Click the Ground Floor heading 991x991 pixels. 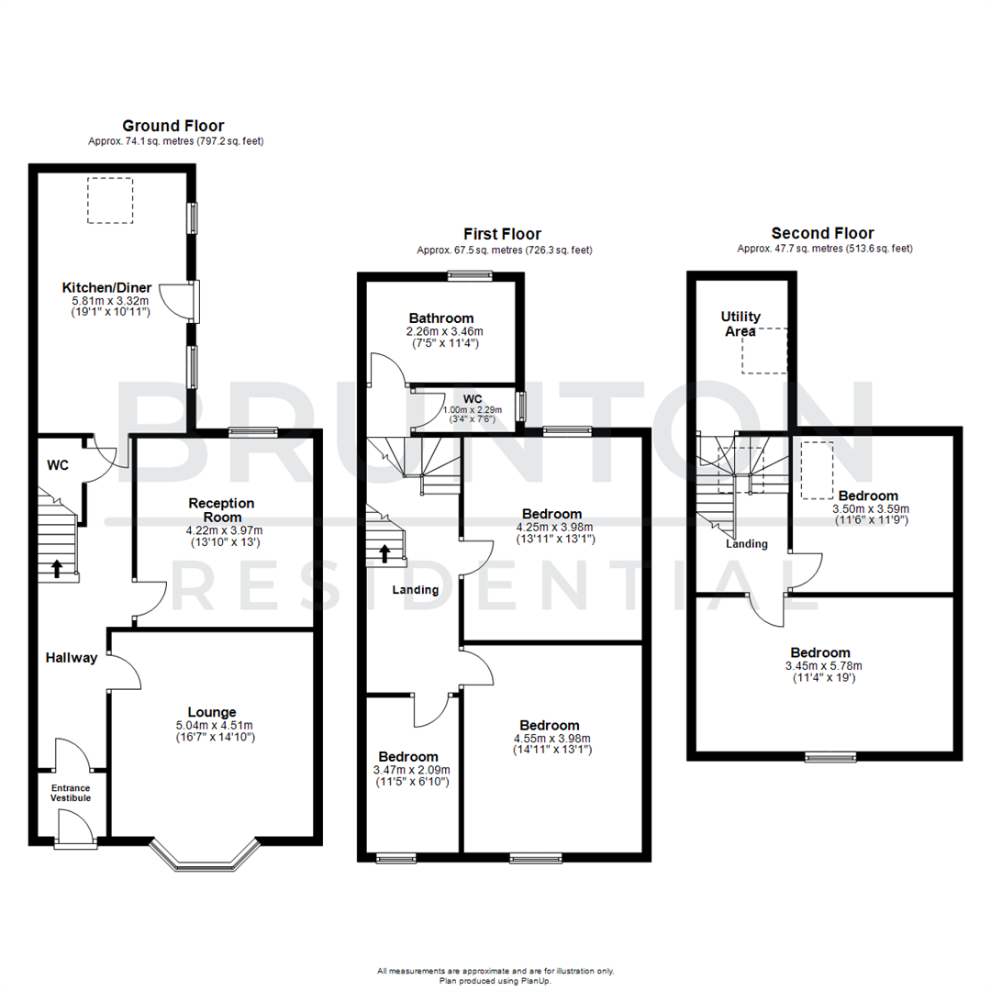[173, 126]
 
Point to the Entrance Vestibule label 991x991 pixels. [71, 793]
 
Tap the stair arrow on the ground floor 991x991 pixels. [57, 569]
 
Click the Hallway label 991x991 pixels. [72, 657]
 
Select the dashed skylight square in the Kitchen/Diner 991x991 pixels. [110, 201]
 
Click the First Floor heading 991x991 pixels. [503, 234]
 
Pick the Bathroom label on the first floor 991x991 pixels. [442, 318]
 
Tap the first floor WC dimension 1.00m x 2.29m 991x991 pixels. [473, 410]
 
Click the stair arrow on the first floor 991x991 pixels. [384, 553]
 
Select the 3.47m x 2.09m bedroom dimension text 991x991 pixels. [412, 770]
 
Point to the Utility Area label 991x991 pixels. [740, 324]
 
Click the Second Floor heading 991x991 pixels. [823, 234]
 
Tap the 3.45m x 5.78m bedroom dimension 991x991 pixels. [823, 665]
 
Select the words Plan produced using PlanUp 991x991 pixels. [495, 980]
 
